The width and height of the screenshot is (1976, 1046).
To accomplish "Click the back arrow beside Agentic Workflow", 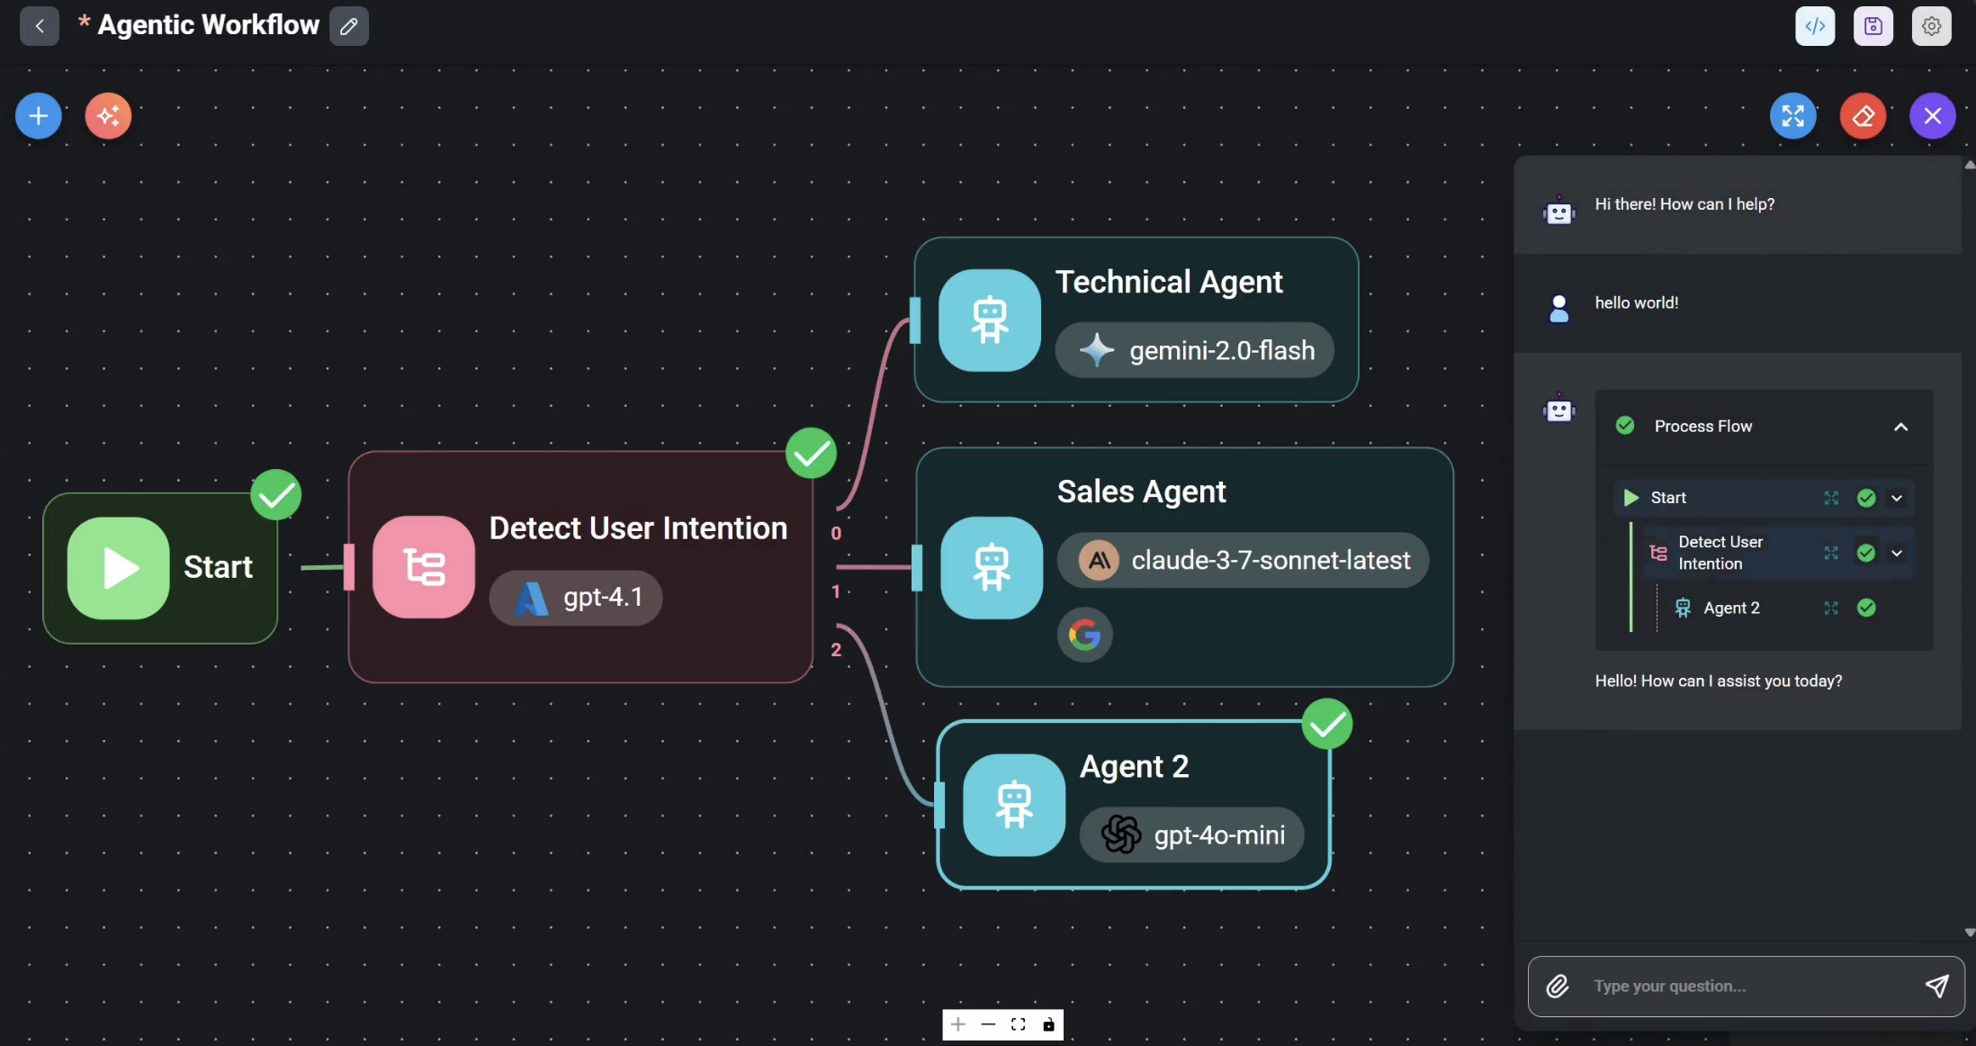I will [40, 26].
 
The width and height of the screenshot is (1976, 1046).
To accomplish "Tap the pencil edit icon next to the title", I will [349, 26].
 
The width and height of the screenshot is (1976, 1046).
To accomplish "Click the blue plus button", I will [39, 116].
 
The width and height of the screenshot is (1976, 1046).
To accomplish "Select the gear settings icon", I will [1931, 26].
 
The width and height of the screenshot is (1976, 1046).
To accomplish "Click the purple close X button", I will [1932, 116].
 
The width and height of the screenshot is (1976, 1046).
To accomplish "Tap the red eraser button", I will [1863, 116].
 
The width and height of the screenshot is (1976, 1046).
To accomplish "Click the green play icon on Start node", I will [119, 568].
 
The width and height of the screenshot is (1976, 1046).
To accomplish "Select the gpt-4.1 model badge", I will [576, 598].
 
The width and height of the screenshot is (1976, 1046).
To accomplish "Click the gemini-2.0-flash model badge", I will [1194, 350].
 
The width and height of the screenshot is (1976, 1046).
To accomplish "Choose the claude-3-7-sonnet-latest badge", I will [1243, 561].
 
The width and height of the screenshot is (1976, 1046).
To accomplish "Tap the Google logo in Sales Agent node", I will [1084, 636].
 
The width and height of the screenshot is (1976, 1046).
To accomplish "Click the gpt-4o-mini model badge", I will [1191, 835].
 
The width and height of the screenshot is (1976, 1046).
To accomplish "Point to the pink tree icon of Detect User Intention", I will [424, 567].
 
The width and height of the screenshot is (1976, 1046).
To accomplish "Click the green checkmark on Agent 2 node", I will [1326, 724].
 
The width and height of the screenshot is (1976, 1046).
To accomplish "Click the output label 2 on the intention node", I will [836, 650].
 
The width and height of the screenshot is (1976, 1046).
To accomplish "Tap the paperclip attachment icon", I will [1558, 987].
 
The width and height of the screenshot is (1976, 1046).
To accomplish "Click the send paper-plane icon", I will [1936, 987].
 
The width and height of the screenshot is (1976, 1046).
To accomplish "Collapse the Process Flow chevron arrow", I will [1900, 427].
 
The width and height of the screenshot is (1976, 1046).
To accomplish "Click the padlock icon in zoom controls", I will [1048, 1024].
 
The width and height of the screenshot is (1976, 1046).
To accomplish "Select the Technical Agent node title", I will [1169, 283].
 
